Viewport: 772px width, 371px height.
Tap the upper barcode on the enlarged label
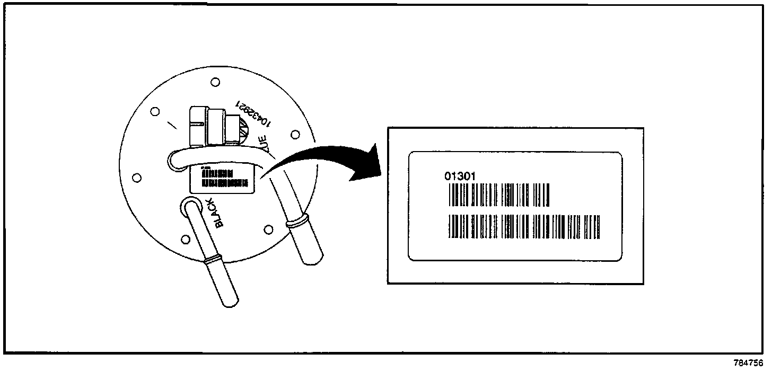[x=499, y=195]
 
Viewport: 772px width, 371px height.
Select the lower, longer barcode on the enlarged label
[x=525, y=226]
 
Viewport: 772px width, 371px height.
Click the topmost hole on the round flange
[x=215, y=82]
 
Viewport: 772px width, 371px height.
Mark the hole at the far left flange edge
[x=136, y=177]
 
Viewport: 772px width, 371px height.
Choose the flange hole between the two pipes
[x=268, y=229]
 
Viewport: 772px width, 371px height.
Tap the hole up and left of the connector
[x=155, y=112]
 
